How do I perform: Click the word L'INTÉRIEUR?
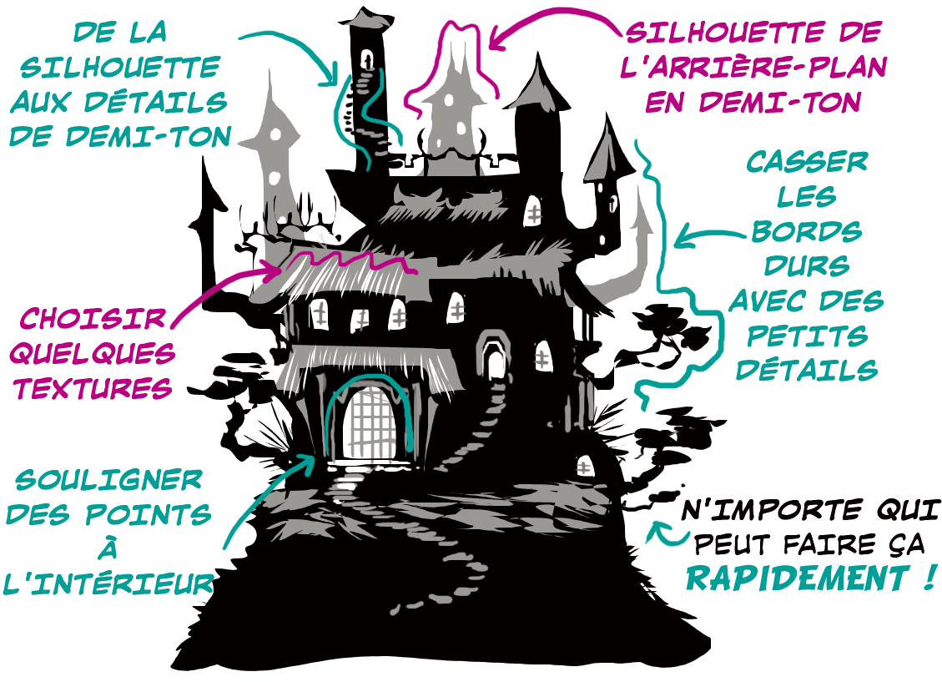pyautogui.click(x=107, y=583)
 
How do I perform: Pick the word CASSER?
pyautogui.click(x=795, y=162)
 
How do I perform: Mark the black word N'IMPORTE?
pyautogui.click(x=756, y=509)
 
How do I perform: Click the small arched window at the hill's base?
pyautogui.click(x=583, y=464)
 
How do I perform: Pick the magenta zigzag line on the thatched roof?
pyautogui.click(x=350, y=260)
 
